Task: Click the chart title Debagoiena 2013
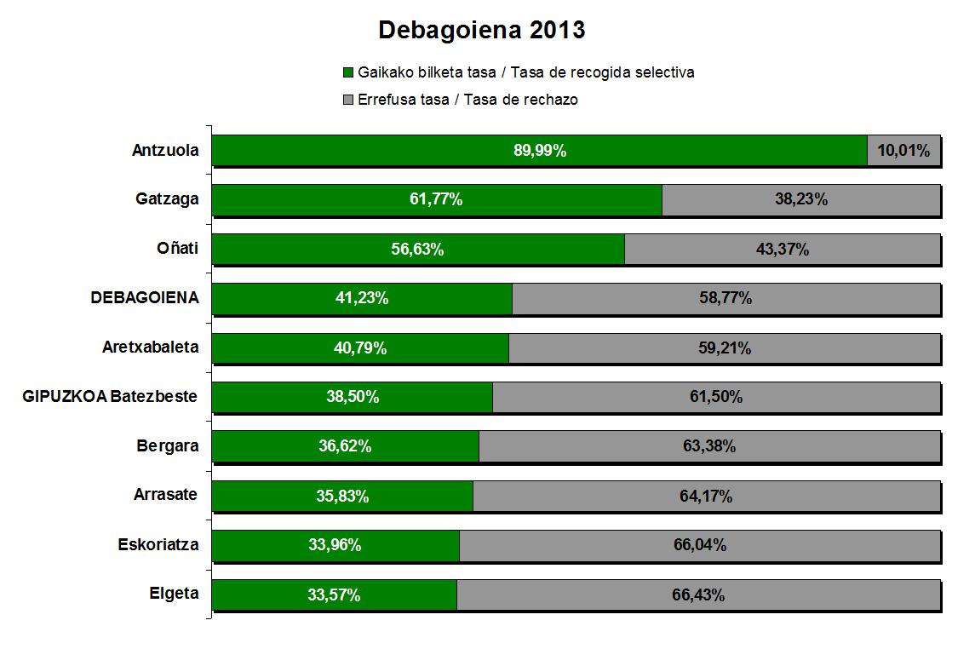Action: tap(481, 31)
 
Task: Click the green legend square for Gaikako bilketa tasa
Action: tap(347, 72)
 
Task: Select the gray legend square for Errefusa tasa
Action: tap(347, 100)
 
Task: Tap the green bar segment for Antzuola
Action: tap(426, 151)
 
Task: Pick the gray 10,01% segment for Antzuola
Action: tap(903, 151)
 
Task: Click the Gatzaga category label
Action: tap(167, 199)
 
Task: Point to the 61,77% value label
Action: tap(436, 200)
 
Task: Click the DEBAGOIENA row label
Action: tap(145, 298)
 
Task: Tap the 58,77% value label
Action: tap(726, 299)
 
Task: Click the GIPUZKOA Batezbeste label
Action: tap(110, 397)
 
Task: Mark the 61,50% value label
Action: tap(716, 398)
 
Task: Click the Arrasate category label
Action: tap(166, 496)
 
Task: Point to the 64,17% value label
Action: tap(706, 497)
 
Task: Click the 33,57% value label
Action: tap(334, 595)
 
